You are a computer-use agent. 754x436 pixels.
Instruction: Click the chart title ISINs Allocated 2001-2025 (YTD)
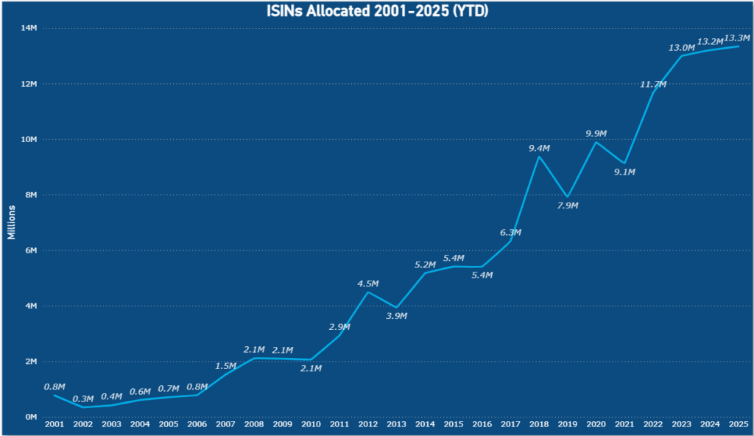point(377,11)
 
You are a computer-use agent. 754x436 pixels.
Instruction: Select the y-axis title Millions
point(11,222)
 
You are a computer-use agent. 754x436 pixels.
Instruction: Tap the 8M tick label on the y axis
point(30,195)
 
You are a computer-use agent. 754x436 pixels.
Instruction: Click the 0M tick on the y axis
point(30,417)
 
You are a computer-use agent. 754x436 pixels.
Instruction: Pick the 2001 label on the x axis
point(54,425)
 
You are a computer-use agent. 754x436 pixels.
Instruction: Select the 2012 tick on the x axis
point(367,425)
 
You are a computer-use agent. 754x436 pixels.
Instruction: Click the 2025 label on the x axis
point(739,425)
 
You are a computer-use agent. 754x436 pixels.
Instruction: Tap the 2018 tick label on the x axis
point(539,425)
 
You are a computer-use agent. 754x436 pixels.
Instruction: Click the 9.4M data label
point(539,149)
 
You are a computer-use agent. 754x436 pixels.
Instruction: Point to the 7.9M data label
point(568,205)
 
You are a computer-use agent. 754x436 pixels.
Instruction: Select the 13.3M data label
point(737,38)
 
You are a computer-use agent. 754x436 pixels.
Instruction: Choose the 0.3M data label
point(82,399)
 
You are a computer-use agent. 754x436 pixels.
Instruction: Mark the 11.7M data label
point(653,85)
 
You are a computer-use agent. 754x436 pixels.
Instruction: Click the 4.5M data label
point(367,284)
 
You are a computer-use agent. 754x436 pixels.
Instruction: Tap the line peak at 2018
point(539,156)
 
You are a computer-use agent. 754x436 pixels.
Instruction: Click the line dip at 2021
point(624,163)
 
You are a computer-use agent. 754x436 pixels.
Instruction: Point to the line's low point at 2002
point(82,407)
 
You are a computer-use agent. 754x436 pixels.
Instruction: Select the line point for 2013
point(396,308)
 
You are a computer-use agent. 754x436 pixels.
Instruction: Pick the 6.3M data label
point(510,233)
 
